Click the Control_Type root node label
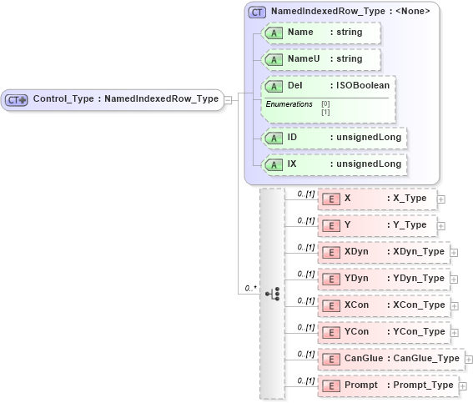125,98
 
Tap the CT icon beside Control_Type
17,99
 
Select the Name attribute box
320,33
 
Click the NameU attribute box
320,59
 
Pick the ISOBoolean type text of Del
360,85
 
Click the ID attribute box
335,138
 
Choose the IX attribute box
335,164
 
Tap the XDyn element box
383,252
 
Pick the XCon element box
383,305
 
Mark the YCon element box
383,332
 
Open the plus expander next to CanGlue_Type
468,359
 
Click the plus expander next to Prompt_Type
462,385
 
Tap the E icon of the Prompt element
331,385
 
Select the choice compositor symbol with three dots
272,294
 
